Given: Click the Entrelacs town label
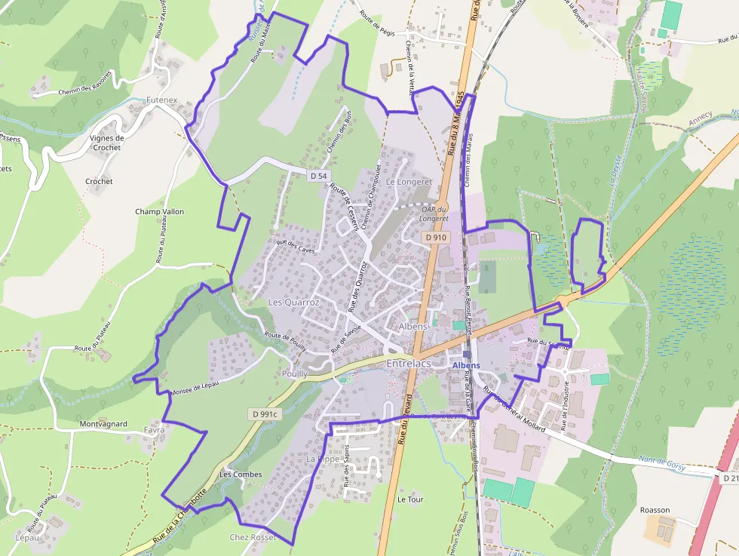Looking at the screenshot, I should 408,364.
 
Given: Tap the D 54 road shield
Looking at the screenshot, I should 319,176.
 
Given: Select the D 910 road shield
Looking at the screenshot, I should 436,237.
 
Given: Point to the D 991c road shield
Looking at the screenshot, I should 265,414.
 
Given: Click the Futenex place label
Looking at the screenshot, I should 161,100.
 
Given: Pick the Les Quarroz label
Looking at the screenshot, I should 294,302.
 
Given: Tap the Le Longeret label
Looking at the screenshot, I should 409,182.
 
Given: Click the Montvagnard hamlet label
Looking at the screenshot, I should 103,424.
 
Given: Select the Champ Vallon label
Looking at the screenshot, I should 159,211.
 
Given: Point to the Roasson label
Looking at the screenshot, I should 655,510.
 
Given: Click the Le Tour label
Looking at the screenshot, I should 411,499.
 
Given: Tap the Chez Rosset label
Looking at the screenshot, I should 253,537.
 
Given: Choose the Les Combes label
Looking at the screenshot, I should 241,475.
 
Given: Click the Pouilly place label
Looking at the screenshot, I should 294,373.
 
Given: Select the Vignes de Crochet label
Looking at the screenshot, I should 106,143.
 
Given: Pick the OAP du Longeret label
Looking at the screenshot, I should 435,213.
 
